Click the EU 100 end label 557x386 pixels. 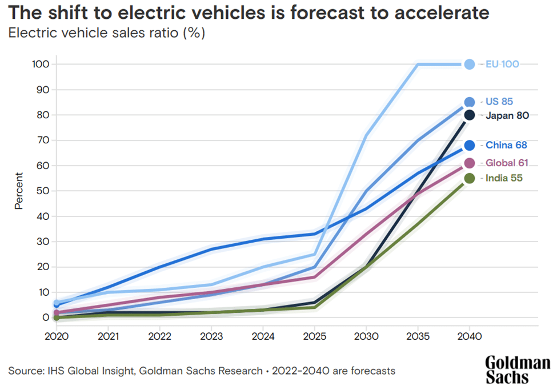pos(502,65)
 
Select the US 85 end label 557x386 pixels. pos(499,102)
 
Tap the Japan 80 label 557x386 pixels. pos(507,115)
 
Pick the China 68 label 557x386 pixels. pos(506,145)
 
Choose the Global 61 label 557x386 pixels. pos(507,163)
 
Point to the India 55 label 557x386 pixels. pos(504,178)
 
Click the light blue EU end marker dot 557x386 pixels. pos(469,65)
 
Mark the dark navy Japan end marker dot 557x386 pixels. pos(469,115)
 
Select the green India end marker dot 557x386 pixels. pos(469,178)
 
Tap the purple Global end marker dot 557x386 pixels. pos(469,163)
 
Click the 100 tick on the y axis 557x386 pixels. pos(41,65)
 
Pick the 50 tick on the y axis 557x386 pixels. pos(43,191)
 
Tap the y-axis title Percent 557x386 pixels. pos(19,191)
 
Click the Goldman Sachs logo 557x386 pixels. pos(518,369)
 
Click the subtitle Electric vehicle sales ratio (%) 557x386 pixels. pos(106,33)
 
